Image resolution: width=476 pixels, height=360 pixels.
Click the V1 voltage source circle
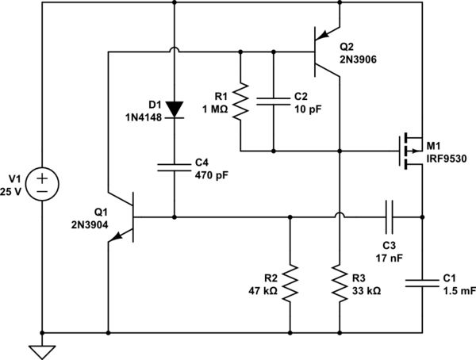[x=42, y=183]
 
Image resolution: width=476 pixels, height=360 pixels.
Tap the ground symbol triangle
[x=42, y=350]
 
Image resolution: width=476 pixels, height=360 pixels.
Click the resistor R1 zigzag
[x=240, y=101]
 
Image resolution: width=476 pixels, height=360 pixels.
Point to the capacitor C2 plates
[x=273, y=101]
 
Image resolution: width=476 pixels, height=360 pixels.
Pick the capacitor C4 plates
[x=173, y=168]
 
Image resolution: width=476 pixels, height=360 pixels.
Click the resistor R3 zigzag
[x=340, y=284]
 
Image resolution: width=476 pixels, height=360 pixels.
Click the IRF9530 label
[x=447, y=159]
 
